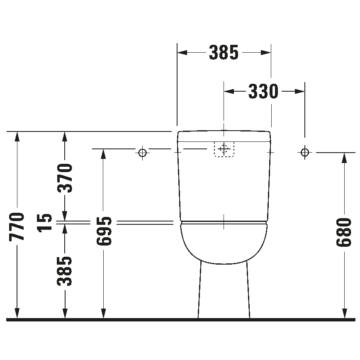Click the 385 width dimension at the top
(224, 53)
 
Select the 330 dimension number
(263, 91)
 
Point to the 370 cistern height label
(65, 178)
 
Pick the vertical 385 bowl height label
(65, 271)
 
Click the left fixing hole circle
(142, 153)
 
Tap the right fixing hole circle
(305, 153)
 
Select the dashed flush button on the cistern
(224, 149)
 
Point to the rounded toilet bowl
(224, 243)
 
